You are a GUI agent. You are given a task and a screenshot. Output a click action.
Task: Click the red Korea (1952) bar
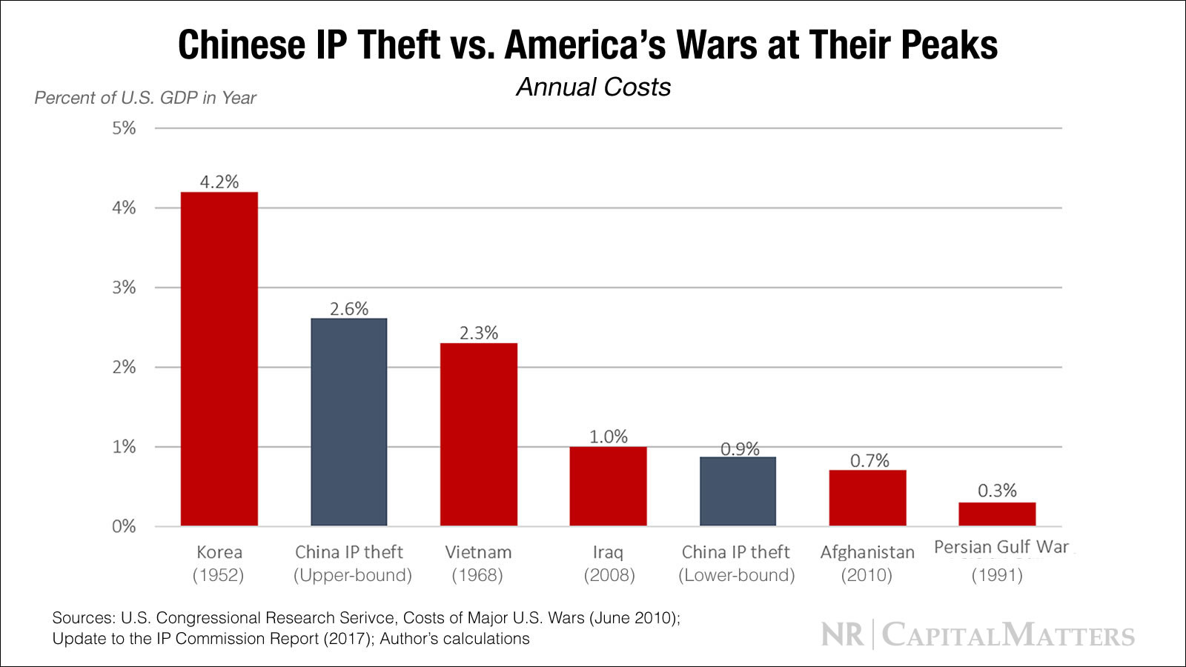pos(219,359)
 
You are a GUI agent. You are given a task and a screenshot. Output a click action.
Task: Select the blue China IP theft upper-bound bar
pos(348,422)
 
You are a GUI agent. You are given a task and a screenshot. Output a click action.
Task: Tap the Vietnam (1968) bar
pos(478,435)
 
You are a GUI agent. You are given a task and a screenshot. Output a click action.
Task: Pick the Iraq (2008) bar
pos(608,486)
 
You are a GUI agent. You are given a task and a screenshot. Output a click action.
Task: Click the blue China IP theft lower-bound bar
pos(738,491)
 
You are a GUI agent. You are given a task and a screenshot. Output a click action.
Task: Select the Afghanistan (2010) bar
pos(867,498)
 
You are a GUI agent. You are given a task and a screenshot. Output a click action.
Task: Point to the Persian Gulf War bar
pos(997,514)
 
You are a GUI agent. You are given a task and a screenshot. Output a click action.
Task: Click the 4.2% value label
pos(219,182)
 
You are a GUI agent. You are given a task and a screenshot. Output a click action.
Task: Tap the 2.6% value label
pos(348,309)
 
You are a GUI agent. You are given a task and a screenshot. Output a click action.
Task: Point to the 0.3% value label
pos(997,491)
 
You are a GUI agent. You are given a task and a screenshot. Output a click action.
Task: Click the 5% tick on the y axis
pos(124,128)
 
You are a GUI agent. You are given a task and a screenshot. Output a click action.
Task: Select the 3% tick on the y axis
pos(124,288)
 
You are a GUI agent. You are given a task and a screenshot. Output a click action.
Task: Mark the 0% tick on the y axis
pos(124,527)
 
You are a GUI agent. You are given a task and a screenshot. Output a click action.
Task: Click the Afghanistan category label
pos(867,553)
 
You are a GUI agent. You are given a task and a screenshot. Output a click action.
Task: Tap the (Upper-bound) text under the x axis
pos(353,576)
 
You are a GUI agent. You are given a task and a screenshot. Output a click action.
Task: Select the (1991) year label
pos(997,576)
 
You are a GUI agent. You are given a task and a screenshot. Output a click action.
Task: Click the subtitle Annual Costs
pos(593,87)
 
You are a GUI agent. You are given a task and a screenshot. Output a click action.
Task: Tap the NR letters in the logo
pos(843,635)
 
